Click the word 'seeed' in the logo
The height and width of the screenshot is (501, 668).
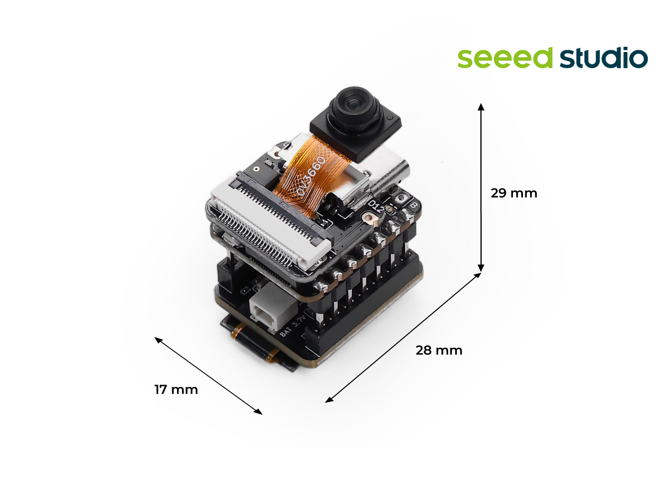505,58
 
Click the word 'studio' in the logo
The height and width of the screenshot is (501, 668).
604,58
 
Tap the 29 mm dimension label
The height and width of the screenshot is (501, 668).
514,193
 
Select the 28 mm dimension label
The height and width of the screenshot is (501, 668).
439,351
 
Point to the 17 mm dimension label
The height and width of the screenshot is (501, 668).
176,390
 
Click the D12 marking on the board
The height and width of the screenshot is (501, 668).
376,206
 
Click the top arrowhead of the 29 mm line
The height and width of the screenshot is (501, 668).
481,106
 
